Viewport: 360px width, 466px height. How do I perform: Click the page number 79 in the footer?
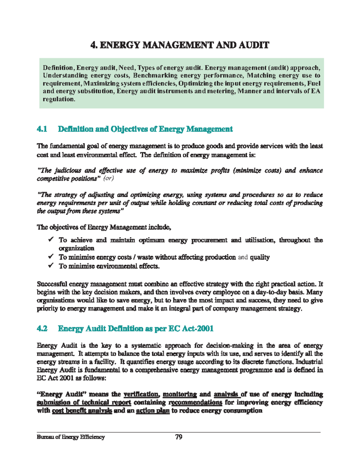[179, 437]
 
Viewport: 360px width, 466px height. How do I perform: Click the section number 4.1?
[42, 129]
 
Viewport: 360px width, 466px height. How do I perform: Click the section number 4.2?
[42, 329]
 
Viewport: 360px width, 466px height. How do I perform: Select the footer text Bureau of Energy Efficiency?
[71, 437]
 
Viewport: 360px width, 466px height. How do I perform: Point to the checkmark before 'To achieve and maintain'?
[51, 240]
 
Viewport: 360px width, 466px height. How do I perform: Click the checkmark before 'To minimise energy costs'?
[51, 257]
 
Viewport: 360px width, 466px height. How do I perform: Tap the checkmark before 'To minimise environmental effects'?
[51, 266]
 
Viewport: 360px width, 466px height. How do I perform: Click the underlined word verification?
[141, 394]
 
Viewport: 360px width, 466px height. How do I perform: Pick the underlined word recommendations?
[195, 402]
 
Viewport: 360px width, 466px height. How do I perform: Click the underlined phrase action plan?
[153, 411]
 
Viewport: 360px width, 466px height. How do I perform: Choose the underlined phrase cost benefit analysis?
[82, 411]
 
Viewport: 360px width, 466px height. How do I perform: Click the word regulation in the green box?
[58, 99]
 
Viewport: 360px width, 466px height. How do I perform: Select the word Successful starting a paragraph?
[52, 284]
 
